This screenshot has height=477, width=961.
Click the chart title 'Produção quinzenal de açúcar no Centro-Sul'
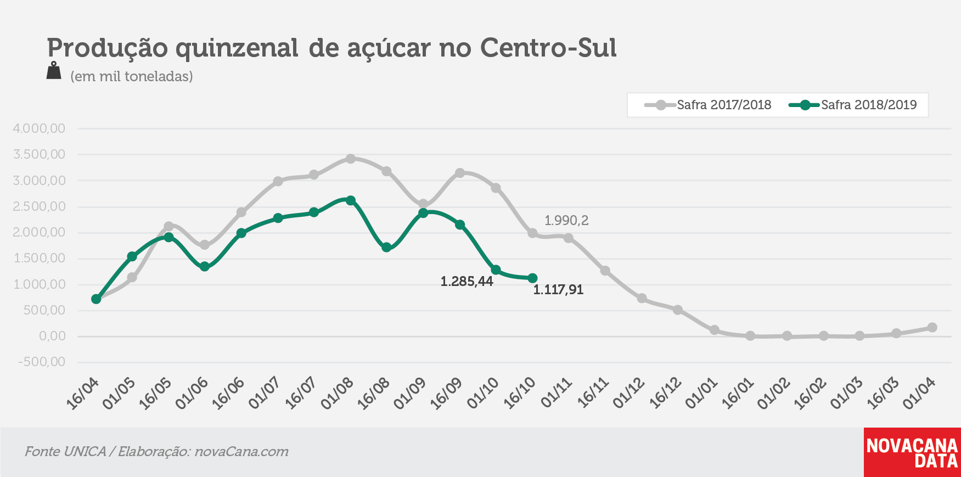(331, 48)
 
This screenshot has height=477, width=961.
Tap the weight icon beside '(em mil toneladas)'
(54, 71)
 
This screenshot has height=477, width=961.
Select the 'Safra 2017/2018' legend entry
(708, 105)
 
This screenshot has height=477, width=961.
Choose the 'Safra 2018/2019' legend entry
(853, 105)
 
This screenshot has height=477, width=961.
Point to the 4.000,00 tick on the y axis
(39, 128)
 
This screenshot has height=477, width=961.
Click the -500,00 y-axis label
(42, 362)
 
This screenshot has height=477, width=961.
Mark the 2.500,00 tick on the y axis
(39, 206)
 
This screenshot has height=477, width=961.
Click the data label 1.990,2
(566, 221)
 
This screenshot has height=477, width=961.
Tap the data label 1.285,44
(467, 282)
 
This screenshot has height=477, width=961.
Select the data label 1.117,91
(558, 290)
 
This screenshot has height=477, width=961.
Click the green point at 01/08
(350, 200)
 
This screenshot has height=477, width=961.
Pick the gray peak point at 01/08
(350, 159)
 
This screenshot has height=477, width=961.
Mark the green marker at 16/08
(386, 248)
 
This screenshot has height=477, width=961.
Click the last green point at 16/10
(532, 278)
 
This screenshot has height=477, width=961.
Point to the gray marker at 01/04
(932, 328)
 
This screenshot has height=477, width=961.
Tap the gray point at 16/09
(460, 173)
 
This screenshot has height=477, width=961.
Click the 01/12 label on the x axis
(629, 394)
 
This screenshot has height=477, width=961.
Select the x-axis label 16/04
(83, 394)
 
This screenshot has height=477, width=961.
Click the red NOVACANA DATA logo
(912, 452)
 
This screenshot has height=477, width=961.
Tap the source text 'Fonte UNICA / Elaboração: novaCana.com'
(156, 452)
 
